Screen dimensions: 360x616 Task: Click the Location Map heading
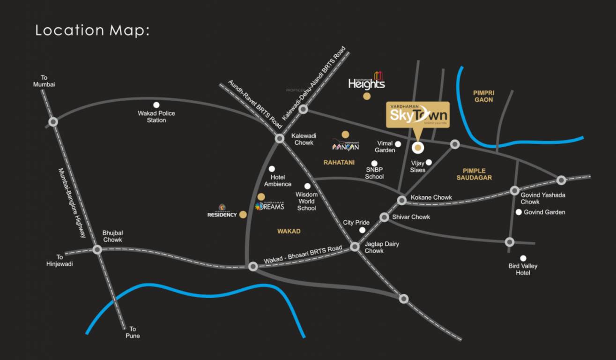(x=92, y=30)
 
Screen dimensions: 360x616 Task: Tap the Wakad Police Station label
(x=156, y=117)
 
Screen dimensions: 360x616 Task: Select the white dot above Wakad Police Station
(x=156, y=105)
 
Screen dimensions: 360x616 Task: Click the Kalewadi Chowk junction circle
(x=280, y=139)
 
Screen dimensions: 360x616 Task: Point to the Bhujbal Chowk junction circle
(x=97, y=249)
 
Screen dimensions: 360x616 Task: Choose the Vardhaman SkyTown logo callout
(x=417, y=114)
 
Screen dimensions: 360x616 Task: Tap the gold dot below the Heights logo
(x=367, y=96)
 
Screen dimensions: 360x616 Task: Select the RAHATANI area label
(x=339, y=162)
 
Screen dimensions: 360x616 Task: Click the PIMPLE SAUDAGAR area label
(x=474, y=174)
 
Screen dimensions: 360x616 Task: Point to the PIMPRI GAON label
(x=483, y=96)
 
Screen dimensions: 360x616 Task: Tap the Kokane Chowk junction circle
(x=402, y=201)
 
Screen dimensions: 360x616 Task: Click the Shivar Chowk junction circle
(x=385, y=217)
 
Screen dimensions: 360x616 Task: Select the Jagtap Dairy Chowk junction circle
(x=355, y=247)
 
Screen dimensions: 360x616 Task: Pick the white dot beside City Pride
(x=362, y=230)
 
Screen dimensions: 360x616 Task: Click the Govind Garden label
(x=544, y=212)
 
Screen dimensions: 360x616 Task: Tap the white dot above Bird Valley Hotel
(x=523, y=258)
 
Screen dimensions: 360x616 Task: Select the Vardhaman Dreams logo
(x=270, y=206)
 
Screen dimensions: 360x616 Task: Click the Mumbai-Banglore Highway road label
(x=72, y=203)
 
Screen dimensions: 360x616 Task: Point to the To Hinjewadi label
(x=59, y=260)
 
